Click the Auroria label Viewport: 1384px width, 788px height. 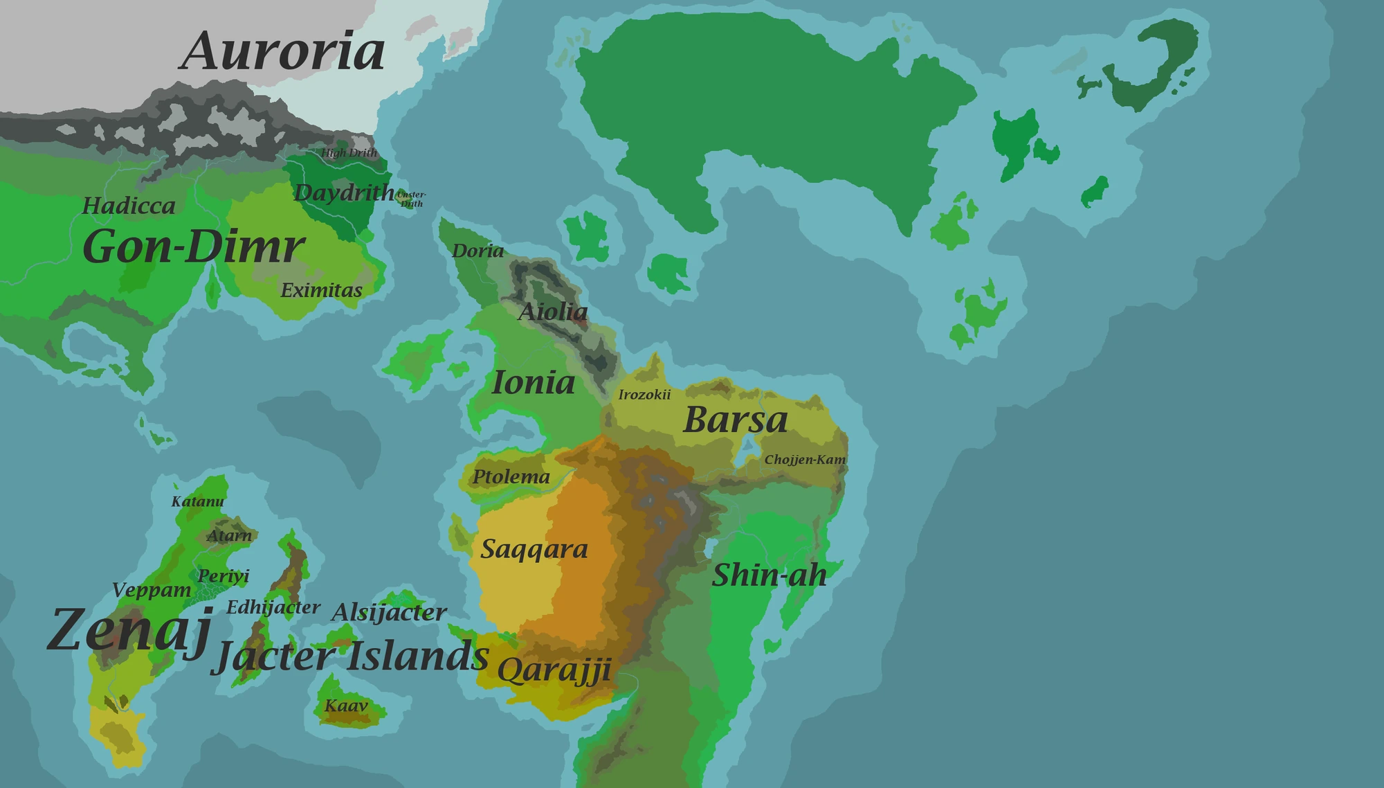pyautogui.click(x=282, y=52)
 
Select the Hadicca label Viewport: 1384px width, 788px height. pyautogui.click(x=129, y=206)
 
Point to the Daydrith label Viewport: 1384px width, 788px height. pyautogui.click(x=344, y=192)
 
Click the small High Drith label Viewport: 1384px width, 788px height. pyautogui.click(x=349, y=153)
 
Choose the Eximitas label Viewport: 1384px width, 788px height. pyautogui.click(x=321, y=290)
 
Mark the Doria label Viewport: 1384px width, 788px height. pyautogui.click(x=477, y=251)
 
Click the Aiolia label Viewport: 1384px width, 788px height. pyautogui.click(x=553, y=312)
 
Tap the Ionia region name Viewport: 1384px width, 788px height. pyautogui.click(x=533, y=383)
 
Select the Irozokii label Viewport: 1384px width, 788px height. pyautogui.click(x=644, y=395)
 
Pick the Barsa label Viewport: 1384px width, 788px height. pyautogui.click(x=736, y=420)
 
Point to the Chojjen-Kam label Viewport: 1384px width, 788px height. pyautogui.click(x=805, y=460)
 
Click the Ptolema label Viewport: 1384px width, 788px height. pyautogui.click(x=511, y=476)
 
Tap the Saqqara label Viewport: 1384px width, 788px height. pyautogui.click(x=534, y=549)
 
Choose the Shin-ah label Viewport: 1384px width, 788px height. pyautogui.click(x=769, y=575)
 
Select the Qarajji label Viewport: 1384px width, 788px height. pyautogui.click(x=554, y=670)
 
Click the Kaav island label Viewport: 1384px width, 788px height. pyautogui.click(x=346, y=706)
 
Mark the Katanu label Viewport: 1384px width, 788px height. pyautogui.click(x=198, y=501)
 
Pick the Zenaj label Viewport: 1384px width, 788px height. pyautogui.click(x=129, y=630)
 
